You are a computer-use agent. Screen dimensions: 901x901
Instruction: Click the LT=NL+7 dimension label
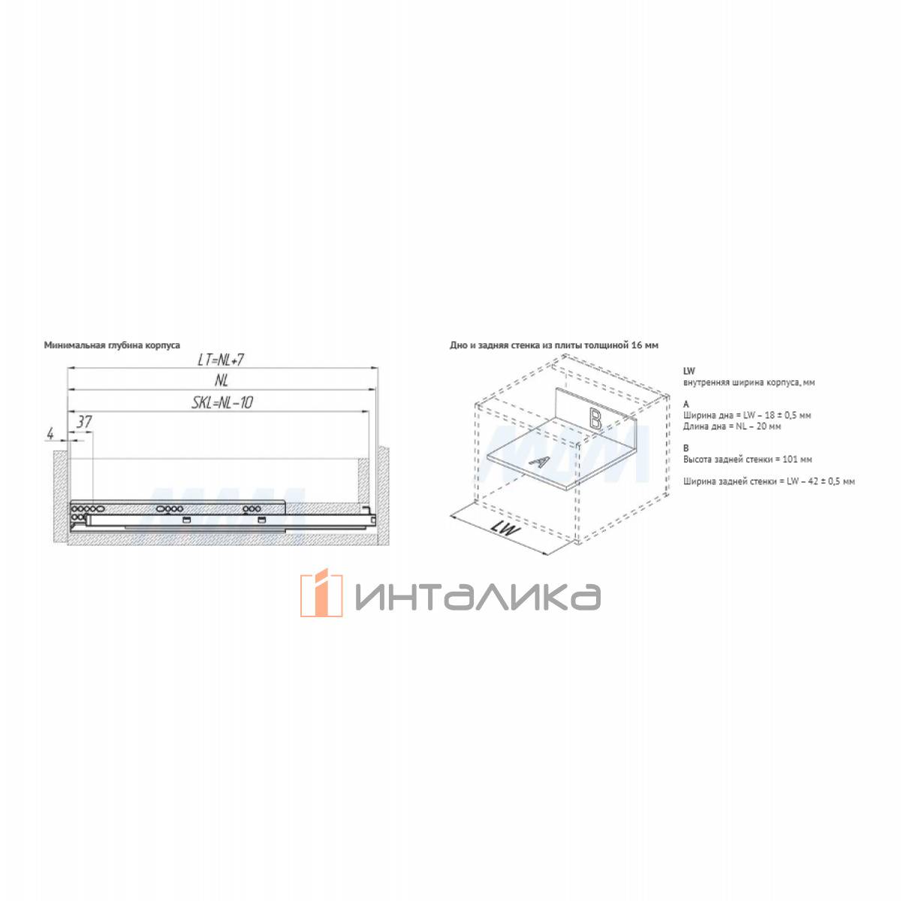pos(221,360)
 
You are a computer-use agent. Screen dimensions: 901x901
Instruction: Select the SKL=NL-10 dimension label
pos(222,402)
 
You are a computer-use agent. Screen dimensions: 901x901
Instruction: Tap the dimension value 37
pos(83,422)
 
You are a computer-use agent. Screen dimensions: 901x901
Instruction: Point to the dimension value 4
pos(50,434)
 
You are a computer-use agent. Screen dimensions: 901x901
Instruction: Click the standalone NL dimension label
pos(221,381)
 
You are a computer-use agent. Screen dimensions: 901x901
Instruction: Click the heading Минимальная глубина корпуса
pos(112,345)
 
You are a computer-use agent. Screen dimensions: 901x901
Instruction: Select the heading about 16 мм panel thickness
pos(554,345)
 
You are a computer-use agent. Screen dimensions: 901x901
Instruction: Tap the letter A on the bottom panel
pos(538,462)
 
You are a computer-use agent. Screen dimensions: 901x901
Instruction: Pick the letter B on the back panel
pos(595,418)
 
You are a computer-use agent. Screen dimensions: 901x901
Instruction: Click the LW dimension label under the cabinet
pos(506,529)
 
